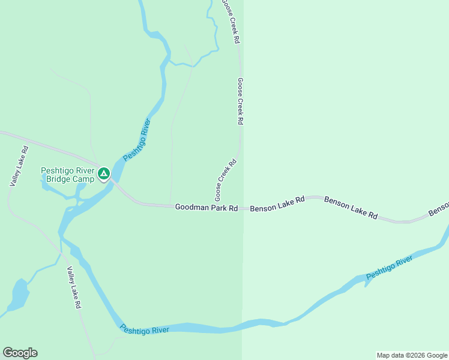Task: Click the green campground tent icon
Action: click(x=103, y=174)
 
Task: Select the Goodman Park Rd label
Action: click(x=206, y=208)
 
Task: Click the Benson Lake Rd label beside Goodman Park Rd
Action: click(x=277, y=204)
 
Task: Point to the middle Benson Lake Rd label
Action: click(x=351, y=206)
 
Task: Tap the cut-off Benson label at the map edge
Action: click(x=439, y=208)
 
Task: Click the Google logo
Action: click(x=20, y=353)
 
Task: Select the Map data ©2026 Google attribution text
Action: click(x=412, y=355)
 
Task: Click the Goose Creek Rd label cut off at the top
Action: click(x=231, y=21)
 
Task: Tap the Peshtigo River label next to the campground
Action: click(x=136, y=140)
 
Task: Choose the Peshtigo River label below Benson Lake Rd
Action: click(x=390, y=268)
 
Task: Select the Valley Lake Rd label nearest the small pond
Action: click(x=74, y=287)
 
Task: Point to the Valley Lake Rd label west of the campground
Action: click(x=19, y=166)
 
